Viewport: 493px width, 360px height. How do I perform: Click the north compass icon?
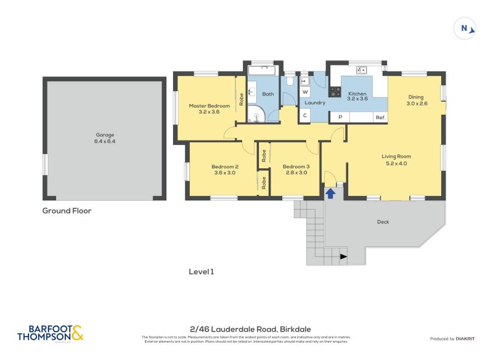pyautogui.click(x=465, y=28)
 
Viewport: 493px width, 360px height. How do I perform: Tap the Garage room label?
pyautogui.click(x=104, y=135)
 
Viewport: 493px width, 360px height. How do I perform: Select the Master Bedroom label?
pyautogui.click(x=209, y=106)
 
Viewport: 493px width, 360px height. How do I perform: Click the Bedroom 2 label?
pyautogui.click(x=224, y=166)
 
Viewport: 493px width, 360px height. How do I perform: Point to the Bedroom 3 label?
pyautogui.click(x=296, y=166)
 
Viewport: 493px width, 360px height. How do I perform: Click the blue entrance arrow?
pyautogui.click(x=330, y=193)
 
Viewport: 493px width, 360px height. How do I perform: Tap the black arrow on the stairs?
pyautogui.click(x=343, y=256)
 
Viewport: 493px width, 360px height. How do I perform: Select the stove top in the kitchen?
pyautogui.click(x=335, y=92)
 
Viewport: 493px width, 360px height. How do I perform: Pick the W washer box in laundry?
pyautogui.click(x=304, y=92)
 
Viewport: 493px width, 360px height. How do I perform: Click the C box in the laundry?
pyautogui.click(x=304, y=115)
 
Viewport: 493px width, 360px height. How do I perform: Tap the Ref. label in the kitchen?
pyautogui.click(x=380, y=117)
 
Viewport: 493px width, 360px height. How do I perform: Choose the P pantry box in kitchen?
pyautogui.click(x=340, y=117)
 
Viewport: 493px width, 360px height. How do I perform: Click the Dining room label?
pyautogui.click(x=416, y=97)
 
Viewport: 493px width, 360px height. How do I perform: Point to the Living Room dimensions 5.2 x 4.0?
pyautogui.click(x=396, y=163)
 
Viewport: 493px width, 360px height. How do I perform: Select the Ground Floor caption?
pyautogui.click(x=67, y=211)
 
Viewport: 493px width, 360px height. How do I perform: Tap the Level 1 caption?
pyautogui.click(x=201, y=271)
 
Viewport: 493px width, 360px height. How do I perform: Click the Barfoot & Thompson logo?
pyautogui.click(x=50, y=333)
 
